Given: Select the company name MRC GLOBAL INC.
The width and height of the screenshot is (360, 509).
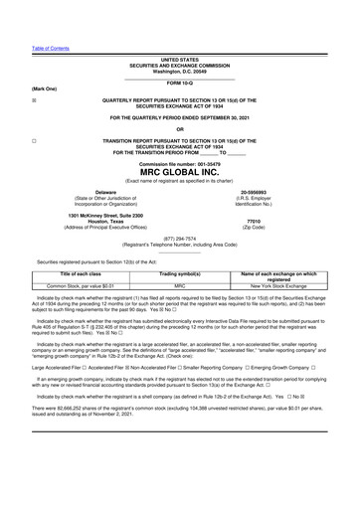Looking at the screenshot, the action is pyautogui.click(x=179, y=170).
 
